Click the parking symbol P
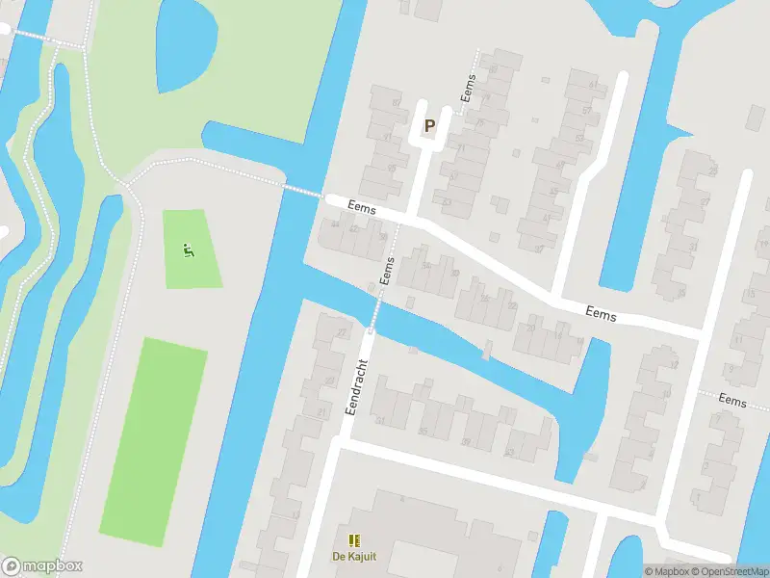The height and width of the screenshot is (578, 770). (x=429, y=125)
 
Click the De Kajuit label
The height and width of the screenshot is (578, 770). (x=353, y=557)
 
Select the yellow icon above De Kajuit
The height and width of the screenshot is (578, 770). (x=353, y=540)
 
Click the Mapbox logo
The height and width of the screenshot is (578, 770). (x=42, y=566)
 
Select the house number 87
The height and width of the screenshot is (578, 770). (x=395, y=101)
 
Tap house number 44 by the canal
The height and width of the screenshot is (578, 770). (x=335, y=223)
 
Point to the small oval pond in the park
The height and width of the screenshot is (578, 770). (x=186, y=53)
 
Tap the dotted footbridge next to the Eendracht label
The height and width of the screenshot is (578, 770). (x=374, y=307)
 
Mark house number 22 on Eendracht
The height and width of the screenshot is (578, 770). (x=342, y=333)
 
